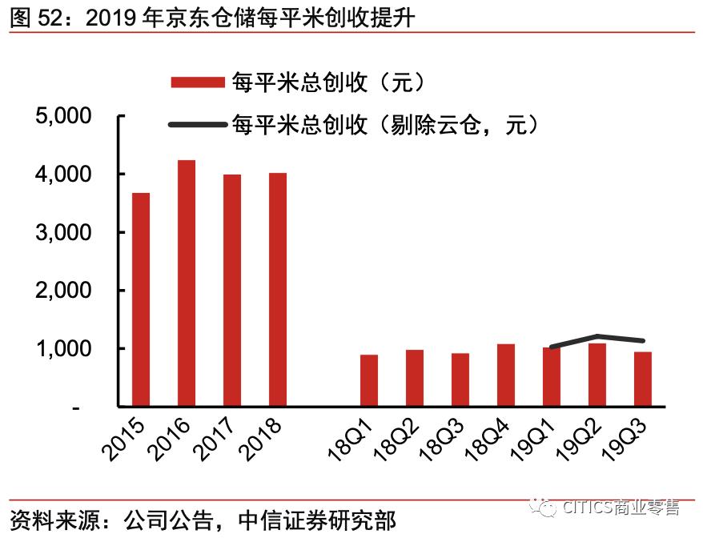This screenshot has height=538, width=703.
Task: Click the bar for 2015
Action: click(141, 299)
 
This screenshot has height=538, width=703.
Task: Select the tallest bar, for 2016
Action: click(187, 283)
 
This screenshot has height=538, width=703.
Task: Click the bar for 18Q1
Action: click(368, 380)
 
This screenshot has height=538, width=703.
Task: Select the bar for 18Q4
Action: click(506, 375)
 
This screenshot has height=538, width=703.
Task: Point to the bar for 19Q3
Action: click(643, 379)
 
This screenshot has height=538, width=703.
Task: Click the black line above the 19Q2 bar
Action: click(597, 336)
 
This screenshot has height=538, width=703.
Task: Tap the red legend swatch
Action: click(197, 82)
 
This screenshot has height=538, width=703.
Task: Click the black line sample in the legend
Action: click(197, 124)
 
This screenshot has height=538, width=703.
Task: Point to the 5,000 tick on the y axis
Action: click(64, 116)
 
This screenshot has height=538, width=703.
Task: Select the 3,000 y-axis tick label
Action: click(64, 232)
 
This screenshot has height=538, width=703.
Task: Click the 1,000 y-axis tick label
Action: click(64, 349)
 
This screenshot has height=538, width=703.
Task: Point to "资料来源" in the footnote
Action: click(48, 520)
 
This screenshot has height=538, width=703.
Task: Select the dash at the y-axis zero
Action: click(76, 408)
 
